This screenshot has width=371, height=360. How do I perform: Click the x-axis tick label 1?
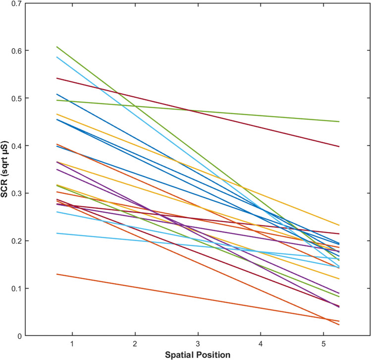[x=72, y=344]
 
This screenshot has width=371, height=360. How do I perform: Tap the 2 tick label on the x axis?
[x=135, y=344]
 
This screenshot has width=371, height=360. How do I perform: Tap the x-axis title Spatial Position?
[x=198, y=355]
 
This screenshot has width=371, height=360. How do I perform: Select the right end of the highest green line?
[x=339, y=121]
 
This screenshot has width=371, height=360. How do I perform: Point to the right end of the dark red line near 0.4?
[x=339, y=146]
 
